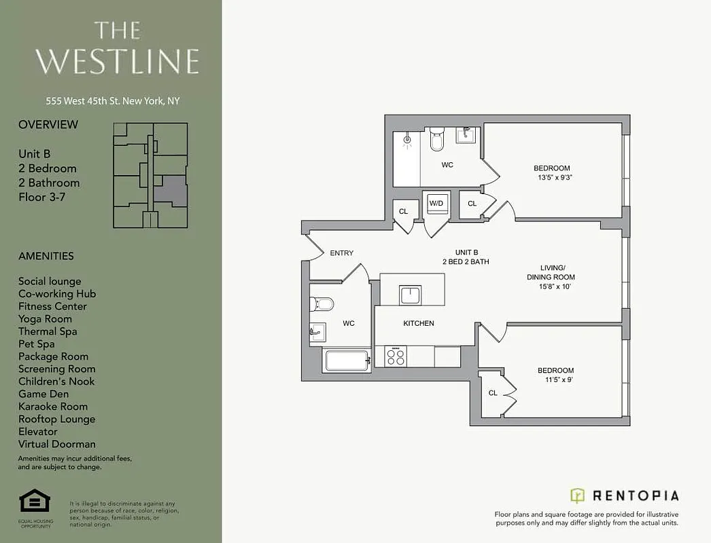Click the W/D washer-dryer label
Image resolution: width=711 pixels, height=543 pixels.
(x=436, y=203)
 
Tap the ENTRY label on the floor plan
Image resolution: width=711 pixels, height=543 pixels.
(x=341, y=253)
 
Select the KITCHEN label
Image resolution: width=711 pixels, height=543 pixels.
(x=418, y=323)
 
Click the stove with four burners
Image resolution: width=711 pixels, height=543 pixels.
(x=395, y=356)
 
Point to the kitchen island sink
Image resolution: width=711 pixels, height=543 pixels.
(x=411, y=295)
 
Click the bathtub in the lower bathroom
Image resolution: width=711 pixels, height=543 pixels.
(x=347, y=360)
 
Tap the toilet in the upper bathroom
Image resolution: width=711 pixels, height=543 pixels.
(x=436, y=141)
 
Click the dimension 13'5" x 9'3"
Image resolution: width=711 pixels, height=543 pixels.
(x=551, y=178)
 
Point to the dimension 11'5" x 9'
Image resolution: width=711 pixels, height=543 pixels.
(x=555, y=380)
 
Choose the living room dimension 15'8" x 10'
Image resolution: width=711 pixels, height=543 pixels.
(x=551, y=286)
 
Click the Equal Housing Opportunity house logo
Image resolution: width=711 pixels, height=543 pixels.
(x=35, y=502)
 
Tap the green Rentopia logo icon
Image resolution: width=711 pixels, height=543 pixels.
(x=577, y=495)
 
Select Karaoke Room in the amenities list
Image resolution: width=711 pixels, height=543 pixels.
(x=53, y=407)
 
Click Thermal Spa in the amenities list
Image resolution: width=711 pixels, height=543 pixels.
(x=48, y=331)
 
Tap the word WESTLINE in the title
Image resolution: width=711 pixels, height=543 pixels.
(x=117, y=61)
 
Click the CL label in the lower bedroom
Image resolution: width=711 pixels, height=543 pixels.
(x=493, y=393)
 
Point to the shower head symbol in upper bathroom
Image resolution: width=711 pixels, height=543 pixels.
(x=407, y=141)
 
